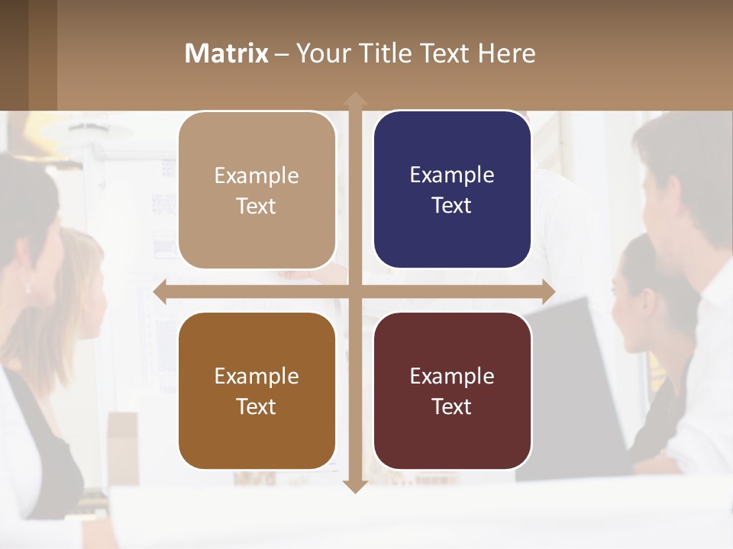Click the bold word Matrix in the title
[227, 53]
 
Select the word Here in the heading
[507, 53]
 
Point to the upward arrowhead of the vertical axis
[355, 100]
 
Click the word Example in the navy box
[452, 175]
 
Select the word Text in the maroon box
[452, 406]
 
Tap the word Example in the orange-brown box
[257, 376]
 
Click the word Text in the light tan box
[257, 206]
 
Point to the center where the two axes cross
[355, 292]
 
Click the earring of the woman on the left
[28, 287]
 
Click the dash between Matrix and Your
[282, 54]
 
